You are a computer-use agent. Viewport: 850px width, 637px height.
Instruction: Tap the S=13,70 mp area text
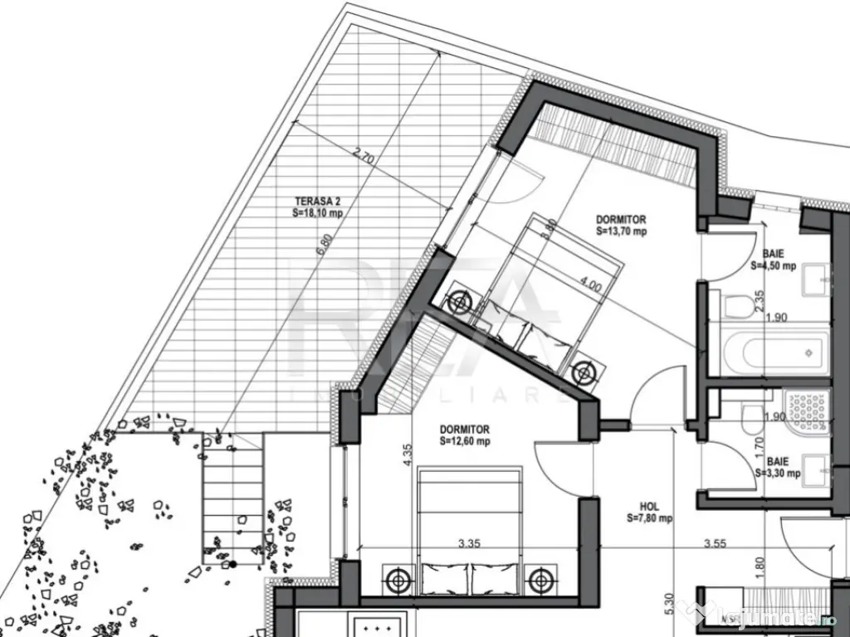pyautogui.click(x=621, y=232)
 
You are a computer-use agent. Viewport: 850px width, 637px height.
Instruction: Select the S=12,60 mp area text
pyautogui.click(x=465, y=442)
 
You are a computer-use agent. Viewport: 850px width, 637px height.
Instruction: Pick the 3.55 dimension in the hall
pyautogui.click(x=716, y=545)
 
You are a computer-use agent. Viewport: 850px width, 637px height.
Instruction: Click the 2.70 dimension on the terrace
pyautogui.click(x=363, y=154)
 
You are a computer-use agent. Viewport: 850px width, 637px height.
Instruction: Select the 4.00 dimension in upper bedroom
pyautogui.click(x=591, y=284)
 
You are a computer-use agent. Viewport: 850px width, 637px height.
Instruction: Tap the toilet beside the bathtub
pyautogui.click(x=738, y=306)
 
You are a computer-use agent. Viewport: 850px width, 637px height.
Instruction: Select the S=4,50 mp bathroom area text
pyautogui.click(x=774, y=266)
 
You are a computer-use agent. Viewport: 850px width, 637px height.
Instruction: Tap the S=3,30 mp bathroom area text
pyautogui.click(x=778, y=474)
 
